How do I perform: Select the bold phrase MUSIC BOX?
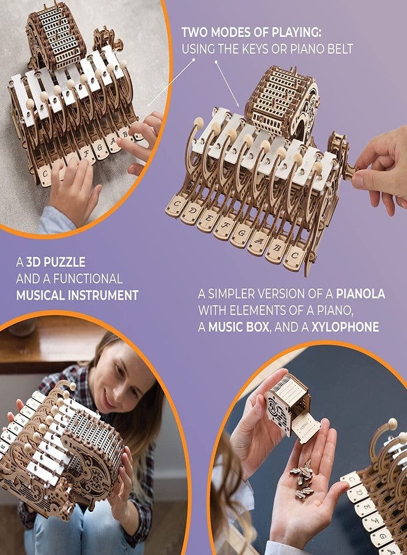click(x=240, y=327)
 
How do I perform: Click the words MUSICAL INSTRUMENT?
click(x=78, y=295)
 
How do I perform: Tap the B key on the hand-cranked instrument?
click(x=275, y=250)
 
